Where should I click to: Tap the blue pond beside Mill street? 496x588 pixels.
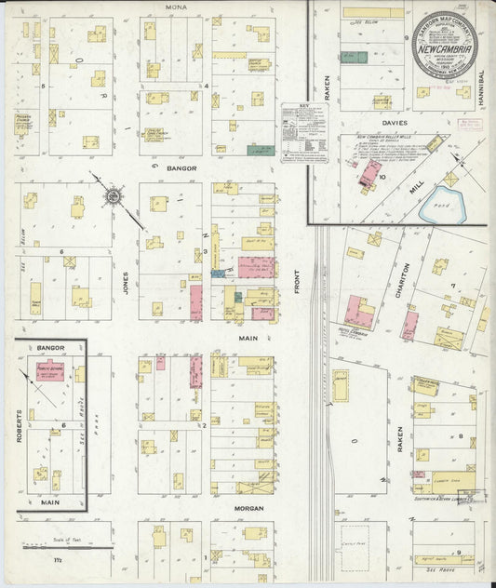(440, 204)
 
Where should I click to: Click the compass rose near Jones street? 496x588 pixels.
(114, 196)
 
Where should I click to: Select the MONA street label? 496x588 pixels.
(175, 7)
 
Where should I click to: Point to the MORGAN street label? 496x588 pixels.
(248, 508)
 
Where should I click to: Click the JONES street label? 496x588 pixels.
(125, 281)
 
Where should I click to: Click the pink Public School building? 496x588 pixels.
(48, 370)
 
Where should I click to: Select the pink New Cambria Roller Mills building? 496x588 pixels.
(369, 173)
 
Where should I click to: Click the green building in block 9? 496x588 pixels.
(354, 57)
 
